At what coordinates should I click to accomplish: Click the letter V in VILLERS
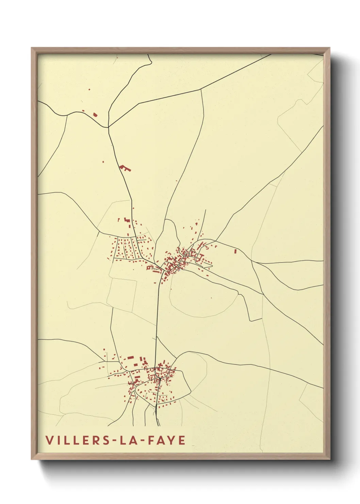[49, 440]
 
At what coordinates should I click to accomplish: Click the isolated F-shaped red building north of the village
[125, 168]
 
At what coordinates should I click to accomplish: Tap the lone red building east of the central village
[235, 251]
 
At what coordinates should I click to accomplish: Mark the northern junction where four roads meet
[108, 127]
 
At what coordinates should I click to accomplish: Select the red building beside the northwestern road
[95, 115]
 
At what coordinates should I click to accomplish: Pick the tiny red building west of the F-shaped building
[103, 161]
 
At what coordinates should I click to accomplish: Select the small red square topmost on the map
[89, 89]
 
